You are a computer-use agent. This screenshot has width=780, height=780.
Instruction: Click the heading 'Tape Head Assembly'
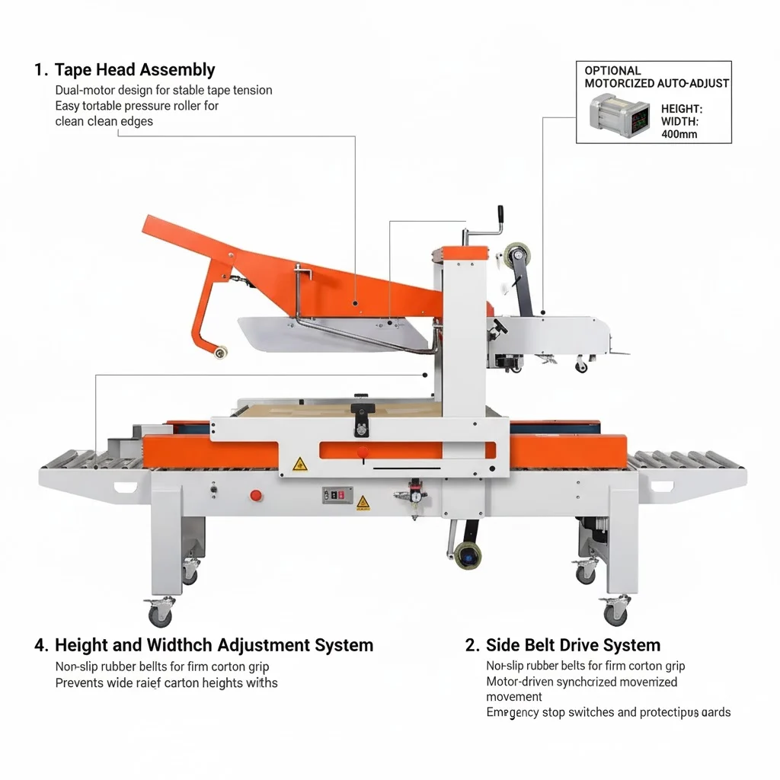pos(135,70)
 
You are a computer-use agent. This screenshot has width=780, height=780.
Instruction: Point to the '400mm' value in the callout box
pos(679,134)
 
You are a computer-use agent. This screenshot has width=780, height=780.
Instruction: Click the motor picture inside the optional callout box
pos(619,114)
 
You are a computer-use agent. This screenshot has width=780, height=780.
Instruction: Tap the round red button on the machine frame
pos(256,495)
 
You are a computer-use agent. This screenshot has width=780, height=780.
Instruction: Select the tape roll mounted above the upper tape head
pos(516,253)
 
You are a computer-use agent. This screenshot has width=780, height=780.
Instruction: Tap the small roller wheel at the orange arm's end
pos(220,351)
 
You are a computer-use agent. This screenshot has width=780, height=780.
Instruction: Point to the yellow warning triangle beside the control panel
pos(363,502)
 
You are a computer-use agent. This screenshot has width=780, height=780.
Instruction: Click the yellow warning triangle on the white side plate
pos(300,463)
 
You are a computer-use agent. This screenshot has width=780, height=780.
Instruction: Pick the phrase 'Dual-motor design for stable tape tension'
pos(164,90)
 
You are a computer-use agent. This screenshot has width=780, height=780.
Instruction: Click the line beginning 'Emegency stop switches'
pos(608,712)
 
